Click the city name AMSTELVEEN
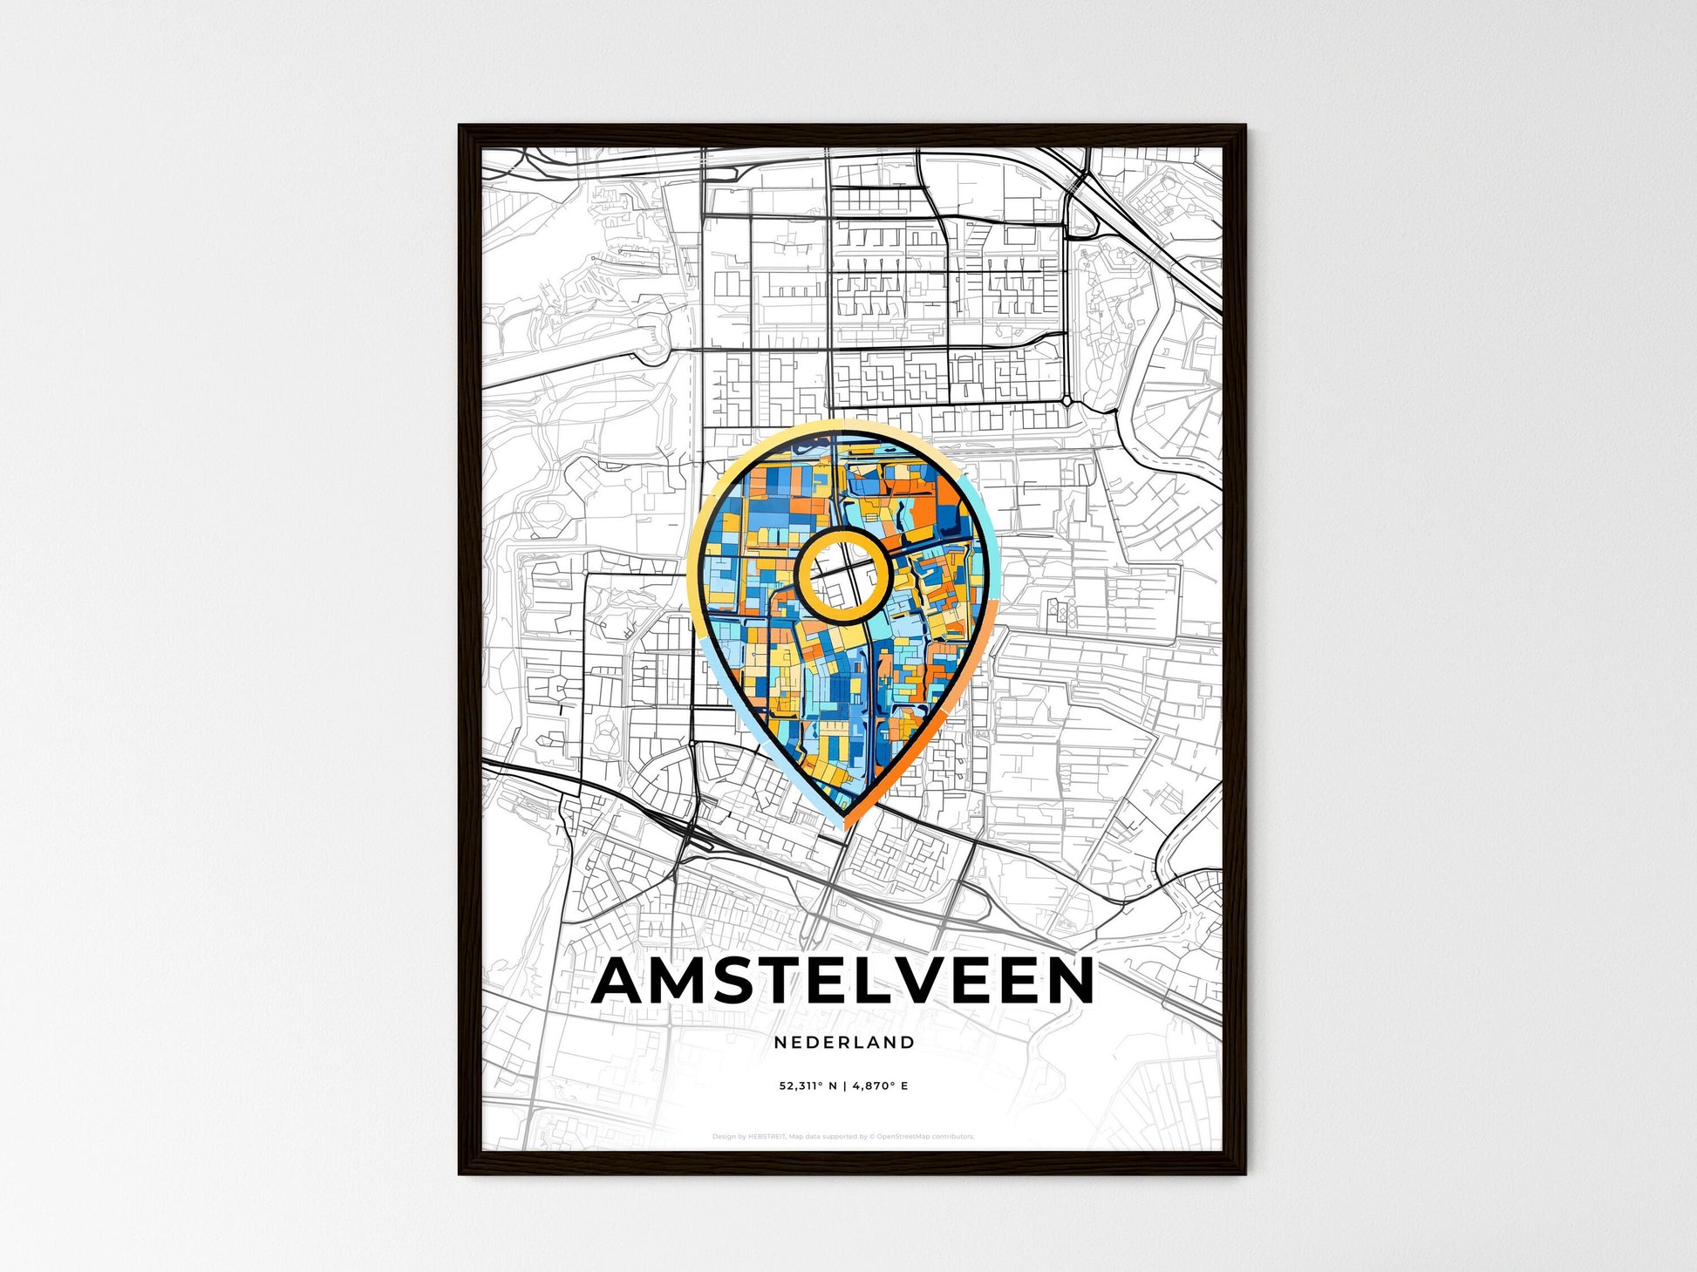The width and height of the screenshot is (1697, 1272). (842, 982)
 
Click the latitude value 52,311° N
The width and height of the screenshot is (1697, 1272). (808, 1085)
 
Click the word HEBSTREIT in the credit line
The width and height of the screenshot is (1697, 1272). (767, 1137)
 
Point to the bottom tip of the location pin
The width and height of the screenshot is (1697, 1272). (844, 824)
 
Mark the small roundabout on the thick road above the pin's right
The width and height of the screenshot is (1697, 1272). (1067, 400)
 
